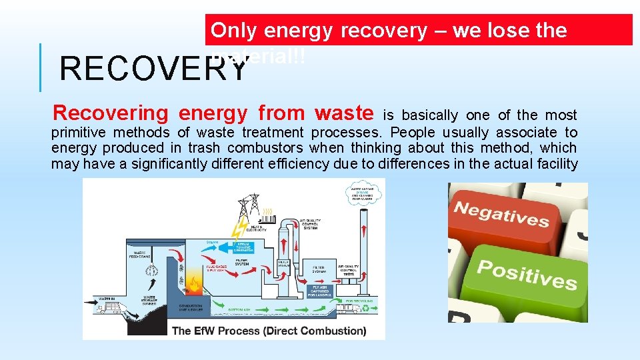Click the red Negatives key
tap(501, 215)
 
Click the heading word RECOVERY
tap(153, 67)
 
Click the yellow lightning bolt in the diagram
tap(238, 228)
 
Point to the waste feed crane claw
tap(150, 270)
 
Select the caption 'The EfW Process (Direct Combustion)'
tap(269, 330)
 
